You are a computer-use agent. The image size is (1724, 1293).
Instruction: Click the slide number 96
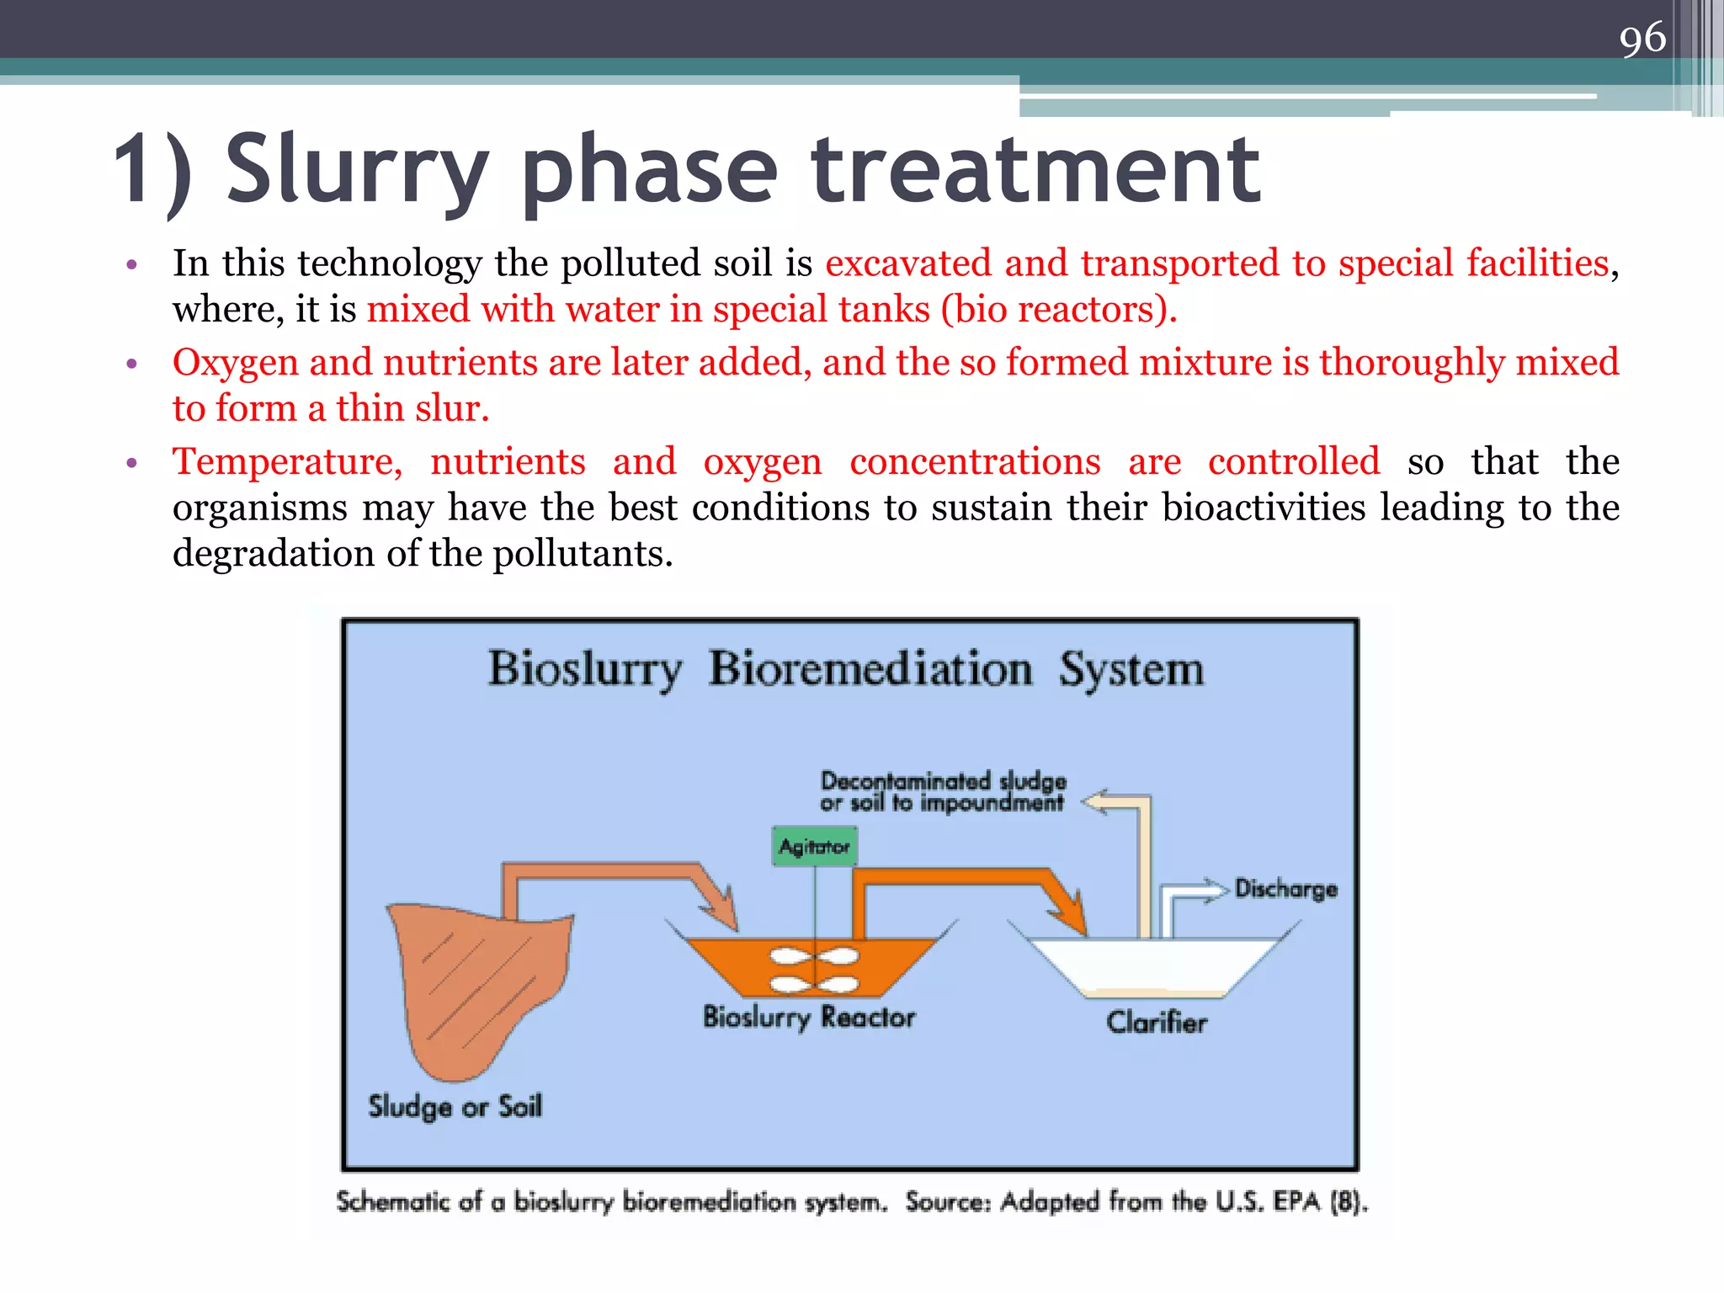(x=1642, y=38)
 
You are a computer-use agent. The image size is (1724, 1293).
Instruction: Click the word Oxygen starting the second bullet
(x=235, y=364)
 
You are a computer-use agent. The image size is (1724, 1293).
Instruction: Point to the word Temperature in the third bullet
(x=287, y=462)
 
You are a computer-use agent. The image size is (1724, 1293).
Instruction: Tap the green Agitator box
(x=814, y=846)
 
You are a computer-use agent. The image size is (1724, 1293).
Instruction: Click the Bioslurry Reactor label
(x=809, y=1017)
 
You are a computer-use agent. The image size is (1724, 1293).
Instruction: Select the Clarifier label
(x=1156, y=1022)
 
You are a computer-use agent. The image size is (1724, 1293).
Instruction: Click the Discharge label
(x=1285, y=889)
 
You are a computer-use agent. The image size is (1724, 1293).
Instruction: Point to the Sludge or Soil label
(x=455, y=1106)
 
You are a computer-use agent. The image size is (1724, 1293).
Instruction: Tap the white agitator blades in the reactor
(x=814, y=970)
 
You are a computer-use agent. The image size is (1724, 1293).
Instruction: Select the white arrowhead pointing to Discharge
(x=1216, y=890)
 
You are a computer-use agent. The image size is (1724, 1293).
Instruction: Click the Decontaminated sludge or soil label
(x=943, y=791)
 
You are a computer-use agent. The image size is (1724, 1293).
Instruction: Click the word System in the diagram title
(x=1131, y=670)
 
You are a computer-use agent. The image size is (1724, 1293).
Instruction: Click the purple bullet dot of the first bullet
(x=131, y=265)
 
